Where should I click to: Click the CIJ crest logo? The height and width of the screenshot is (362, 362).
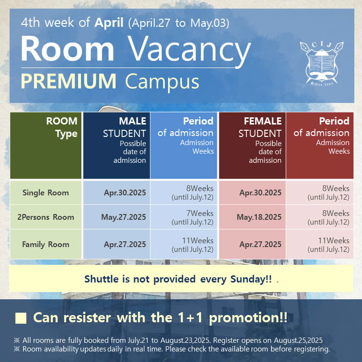pos(322,64)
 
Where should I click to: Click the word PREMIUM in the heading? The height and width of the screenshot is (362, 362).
pos(68,81)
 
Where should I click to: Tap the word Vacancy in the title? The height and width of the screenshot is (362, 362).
pos(189,49)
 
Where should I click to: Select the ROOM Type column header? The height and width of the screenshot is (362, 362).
pos(45,146)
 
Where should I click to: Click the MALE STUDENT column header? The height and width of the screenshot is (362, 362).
pos(116,146)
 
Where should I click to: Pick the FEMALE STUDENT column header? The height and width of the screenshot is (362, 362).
pos(252,146)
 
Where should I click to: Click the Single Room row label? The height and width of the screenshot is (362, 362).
pos(45,193)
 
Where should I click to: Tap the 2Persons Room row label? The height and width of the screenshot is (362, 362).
pos(45,217)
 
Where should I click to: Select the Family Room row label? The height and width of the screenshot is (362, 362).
pos(45,245)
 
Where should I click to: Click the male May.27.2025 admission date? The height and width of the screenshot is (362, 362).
pos(124,217)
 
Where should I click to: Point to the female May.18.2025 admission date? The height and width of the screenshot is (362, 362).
pos(259,217)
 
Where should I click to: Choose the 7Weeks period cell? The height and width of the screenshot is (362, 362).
pos(184,217)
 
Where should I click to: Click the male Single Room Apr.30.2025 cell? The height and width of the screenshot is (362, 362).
pos(116,193)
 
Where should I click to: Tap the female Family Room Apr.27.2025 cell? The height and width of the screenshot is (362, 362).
pos(252,245)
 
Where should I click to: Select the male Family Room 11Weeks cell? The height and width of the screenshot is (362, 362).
pos(184,245)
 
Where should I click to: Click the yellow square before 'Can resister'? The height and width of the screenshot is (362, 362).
pos(21,318)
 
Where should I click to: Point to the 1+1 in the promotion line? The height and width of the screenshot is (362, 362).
pos(191,317)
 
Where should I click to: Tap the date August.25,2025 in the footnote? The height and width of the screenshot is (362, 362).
pos(298,340)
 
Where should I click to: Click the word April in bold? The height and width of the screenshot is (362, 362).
pos(109,23)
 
